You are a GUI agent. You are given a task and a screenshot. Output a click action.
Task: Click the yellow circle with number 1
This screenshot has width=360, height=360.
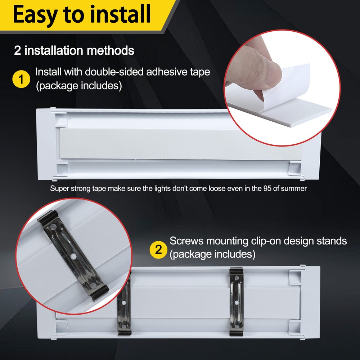click(x=21, y=79)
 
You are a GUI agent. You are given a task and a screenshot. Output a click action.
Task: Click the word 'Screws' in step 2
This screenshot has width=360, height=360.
click(x=186, y=241)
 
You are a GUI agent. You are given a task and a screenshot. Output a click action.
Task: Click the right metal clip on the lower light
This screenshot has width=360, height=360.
click(x=237, y=301)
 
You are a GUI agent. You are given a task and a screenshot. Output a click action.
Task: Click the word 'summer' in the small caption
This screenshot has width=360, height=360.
click(x=294, y=189)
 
